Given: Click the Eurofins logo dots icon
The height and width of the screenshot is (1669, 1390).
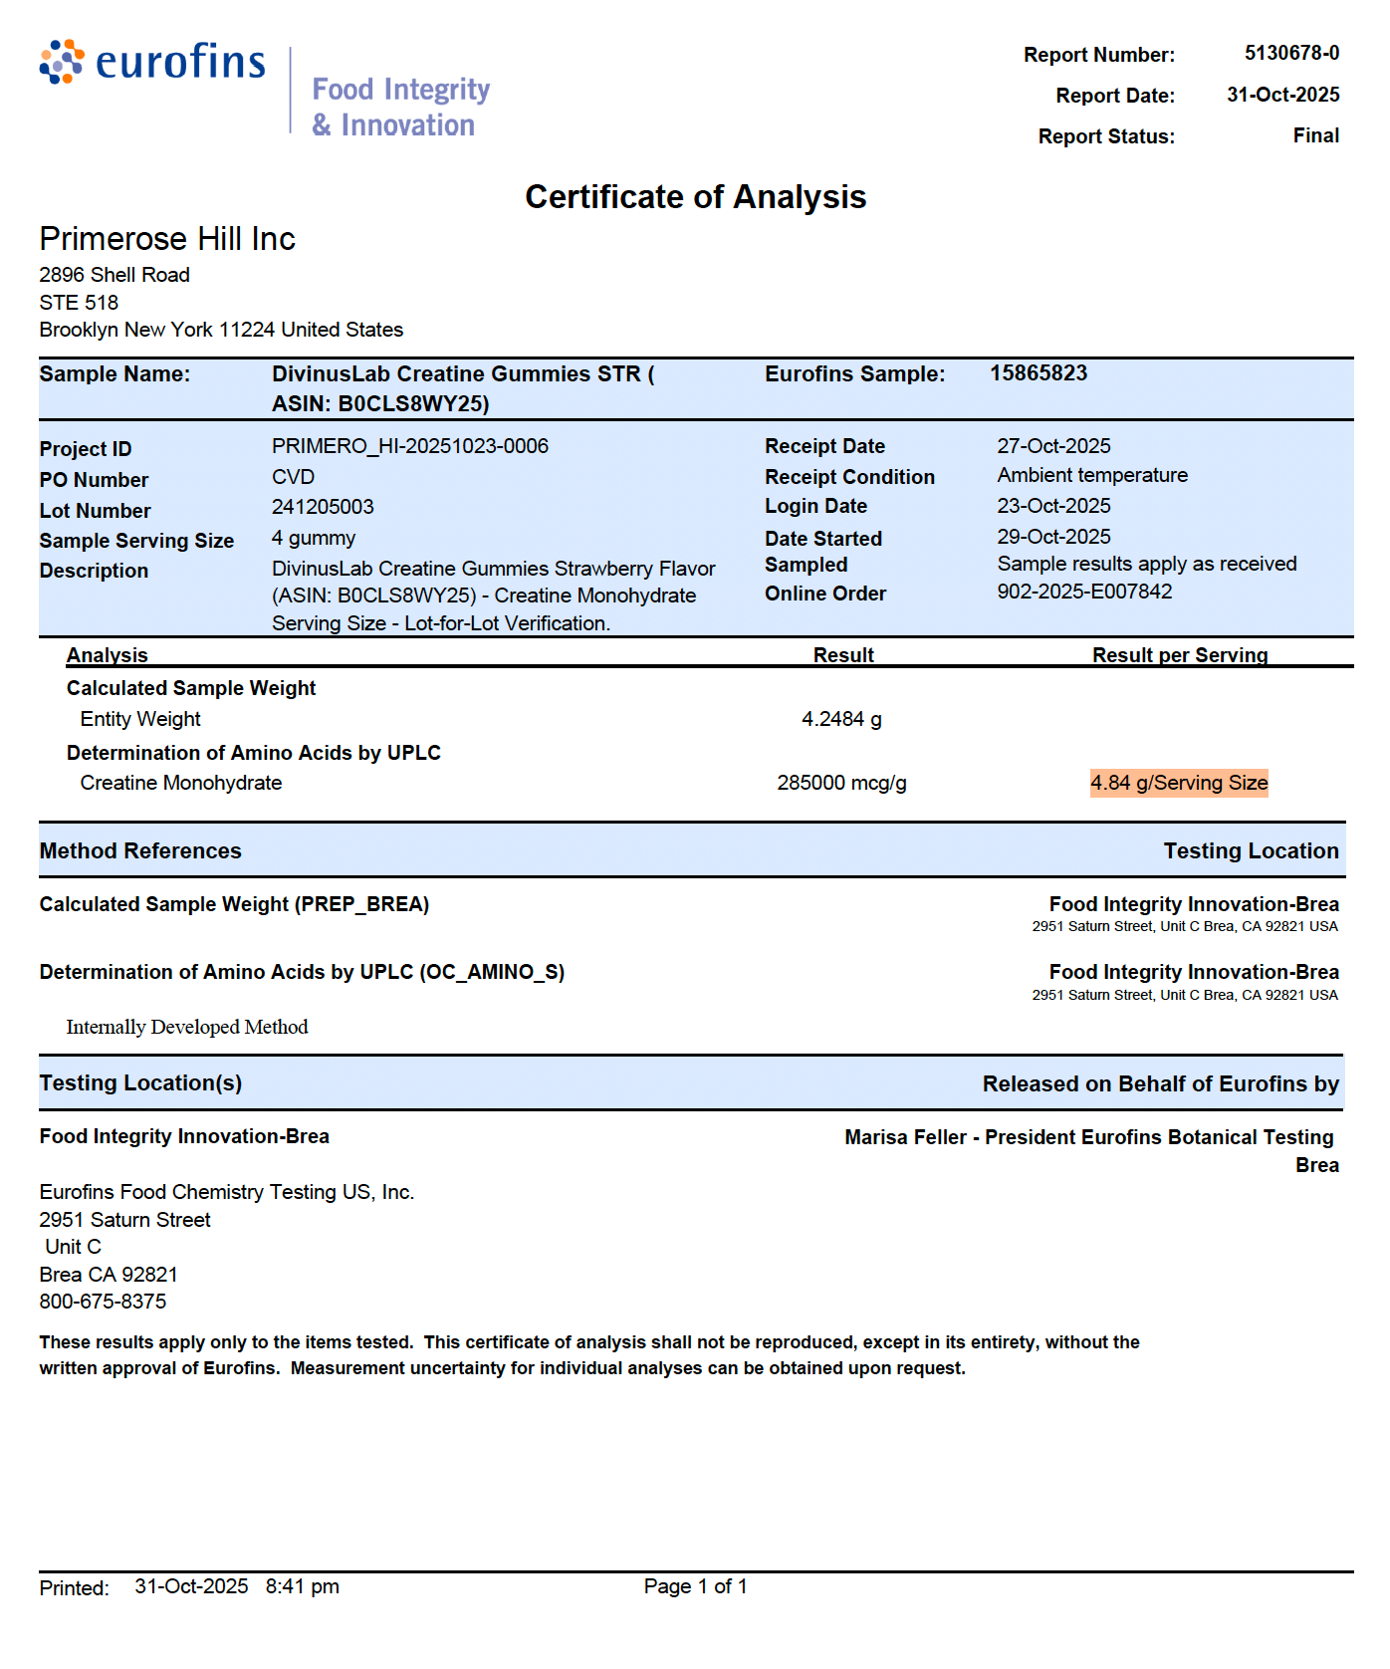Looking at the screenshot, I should [x=62, y=62].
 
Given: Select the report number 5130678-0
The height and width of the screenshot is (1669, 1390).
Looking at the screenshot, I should [x=1291, y=53].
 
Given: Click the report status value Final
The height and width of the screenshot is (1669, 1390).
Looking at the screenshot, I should [x=1315, y=135].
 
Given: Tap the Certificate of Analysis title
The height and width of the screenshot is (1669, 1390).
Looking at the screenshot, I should [x=695, y=197].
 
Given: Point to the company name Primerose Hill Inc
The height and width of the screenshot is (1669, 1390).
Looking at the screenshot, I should [x=167, y=239].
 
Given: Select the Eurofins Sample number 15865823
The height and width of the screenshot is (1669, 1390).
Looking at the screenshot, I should [x=1038, y=373].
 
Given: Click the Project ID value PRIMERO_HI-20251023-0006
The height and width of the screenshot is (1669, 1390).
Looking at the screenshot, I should [x=409, y=446].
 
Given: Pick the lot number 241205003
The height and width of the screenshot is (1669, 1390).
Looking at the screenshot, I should [x=323, y=507].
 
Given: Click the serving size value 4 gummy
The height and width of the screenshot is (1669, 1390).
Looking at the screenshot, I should [x=313, y=538].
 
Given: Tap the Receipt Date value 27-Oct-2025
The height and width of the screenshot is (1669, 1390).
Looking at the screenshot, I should [x=1053, y=446].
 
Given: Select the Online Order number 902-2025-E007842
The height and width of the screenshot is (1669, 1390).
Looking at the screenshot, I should [x=1084, y=592].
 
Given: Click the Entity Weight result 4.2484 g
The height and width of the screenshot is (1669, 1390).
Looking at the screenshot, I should [x=841, y=719].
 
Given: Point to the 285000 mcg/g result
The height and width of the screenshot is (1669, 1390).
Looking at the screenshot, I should [x=841, y=783].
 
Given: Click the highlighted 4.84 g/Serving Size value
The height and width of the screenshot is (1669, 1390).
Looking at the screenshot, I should [x=1179, y=783].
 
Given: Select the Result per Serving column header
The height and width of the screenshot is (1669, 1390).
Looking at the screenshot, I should [x=1179, y=655].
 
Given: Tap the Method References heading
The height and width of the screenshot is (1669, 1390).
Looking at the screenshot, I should [x=140, y=851].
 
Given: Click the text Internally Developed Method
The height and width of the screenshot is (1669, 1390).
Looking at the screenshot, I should [x=187, y=1027].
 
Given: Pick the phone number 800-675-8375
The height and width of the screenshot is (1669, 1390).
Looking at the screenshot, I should [x=103, y=1302].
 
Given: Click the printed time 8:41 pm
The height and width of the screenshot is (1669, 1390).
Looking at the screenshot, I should [x=302, y=1586].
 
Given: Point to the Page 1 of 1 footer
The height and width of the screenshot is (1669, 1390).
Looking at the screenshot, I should [x=695, y=1586].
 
